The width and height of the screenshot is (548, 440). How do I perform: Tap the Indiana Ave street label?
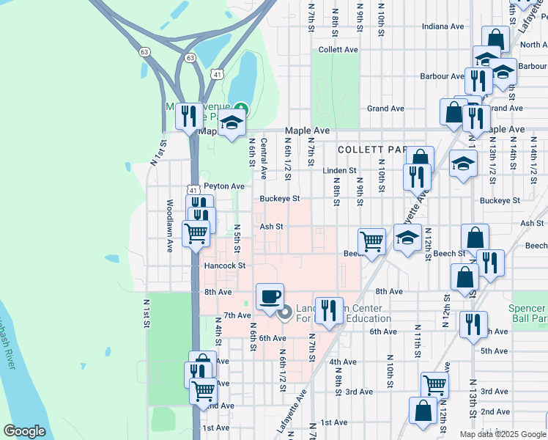point(444,26)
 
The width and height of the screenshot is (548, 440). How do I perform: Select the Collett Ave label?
point(338,50)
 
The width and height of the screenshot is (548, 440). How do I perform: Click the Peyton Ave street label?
point(223,186)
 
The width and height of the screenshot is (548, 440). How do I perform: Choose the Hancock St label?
point(224,265)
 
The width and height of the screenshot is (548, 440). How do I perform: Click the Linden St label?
point(339,171)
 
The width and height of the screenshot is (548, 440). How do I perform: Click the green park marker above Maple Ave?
point(241,111)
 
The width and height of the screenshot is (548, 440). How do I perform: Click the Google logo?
point(24,431)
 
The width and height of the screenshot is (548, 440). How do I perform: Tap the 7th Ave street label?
point(237,315)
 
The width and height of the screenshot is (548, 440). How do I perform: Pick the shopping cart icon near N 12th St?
point(435,384)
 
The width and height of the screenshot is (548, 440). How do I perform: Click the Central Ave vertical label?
point(263,159)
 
